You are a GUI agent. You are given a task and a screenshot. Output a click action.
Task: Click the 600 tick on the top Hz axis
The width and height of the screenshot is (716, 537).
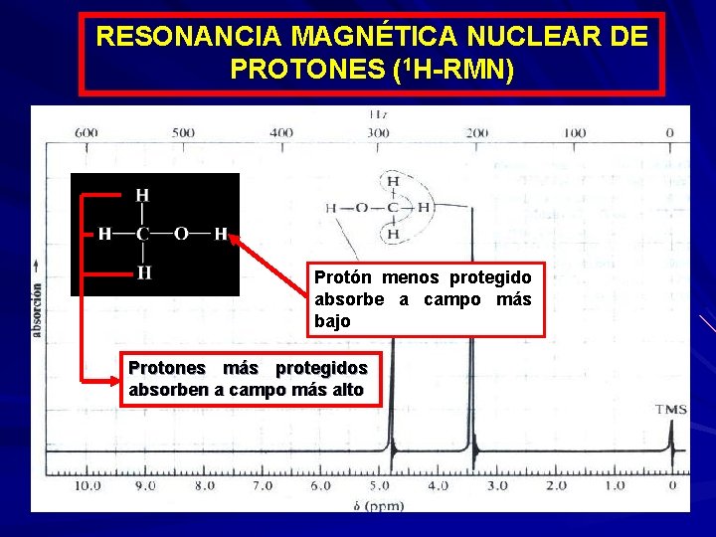click(86, 132)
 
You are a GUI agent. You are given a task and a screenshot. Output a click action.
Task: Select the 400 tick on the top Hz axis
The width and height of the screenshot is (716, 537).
click(280, 132)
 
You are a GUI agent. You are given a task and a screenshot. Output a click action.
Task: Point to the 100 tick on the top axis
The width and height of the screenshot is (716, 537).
click(575, 132)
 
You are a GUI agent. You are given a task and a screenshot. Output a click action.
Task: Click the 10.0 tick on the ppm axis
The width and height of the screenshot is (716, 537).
click(88, 486)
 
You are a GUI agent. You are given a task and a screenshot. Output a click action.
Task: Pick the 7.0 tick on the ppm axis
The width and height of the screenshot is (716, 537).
click(263, 486)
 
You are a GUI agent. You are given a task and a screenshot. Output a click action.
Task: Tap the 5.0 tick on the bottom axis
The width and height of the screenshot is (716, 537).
click(379, 486)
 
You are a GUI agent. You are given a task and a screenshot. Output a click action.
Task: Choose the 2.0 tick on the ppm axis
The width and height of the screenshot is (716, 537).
click(555, 486)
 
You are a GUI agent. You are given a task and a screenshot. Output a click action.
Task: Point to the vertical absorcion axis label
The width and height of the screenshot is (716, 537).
click(37, 298)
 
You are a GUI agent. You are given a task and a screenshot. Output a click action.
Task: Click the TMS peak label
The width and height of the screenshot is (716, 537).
click(671, 409)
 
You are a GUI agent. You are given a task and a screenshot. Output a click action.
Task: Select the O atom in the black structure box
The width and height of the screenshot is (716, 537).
click(181, 235)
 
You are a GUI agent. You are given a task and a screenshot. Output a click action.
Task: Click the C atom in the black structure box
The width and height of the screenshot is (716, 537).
click(142, 235)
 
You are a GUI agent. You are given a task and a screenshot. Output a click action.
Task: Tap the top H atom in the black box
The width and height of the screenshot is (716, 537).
click(142, 195)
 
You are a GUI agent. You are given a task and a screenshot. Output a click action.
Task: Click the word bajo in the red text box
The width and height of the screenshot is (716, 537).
click(332, 321)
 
